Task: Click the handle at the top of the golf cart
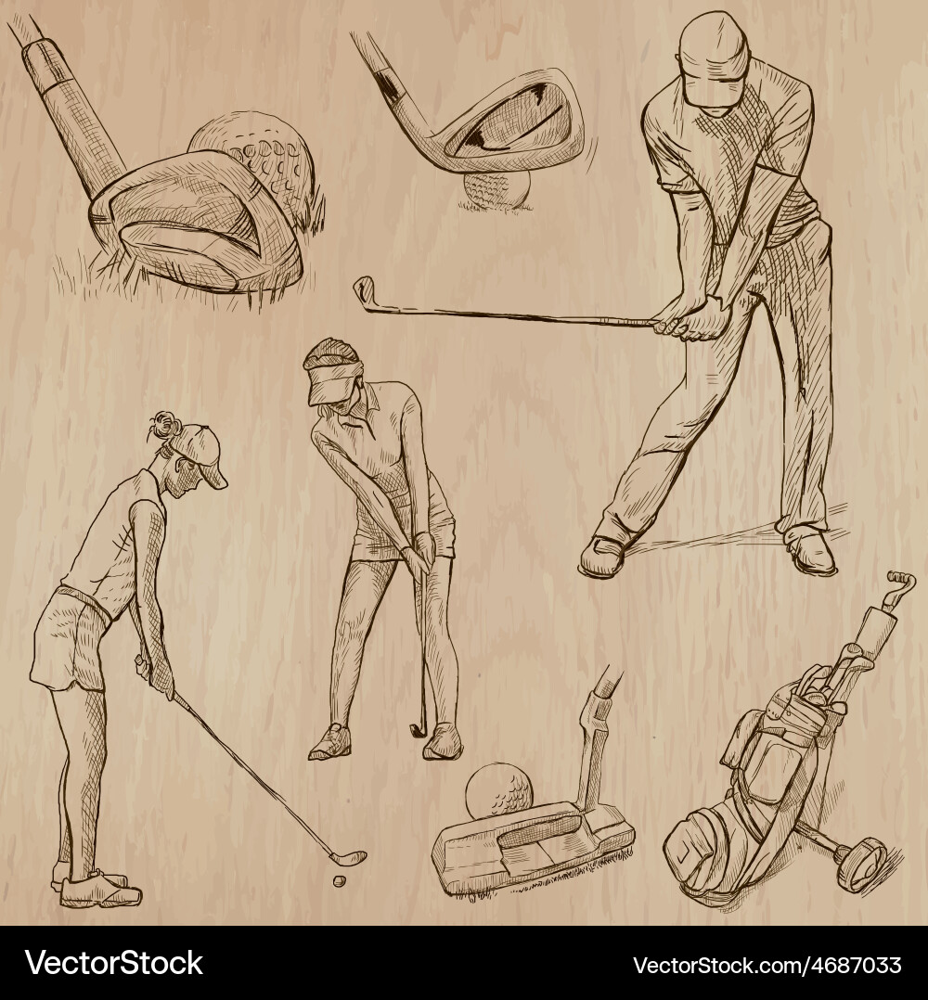point(898,583)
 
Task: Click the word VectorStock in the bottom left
point(114,963)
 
